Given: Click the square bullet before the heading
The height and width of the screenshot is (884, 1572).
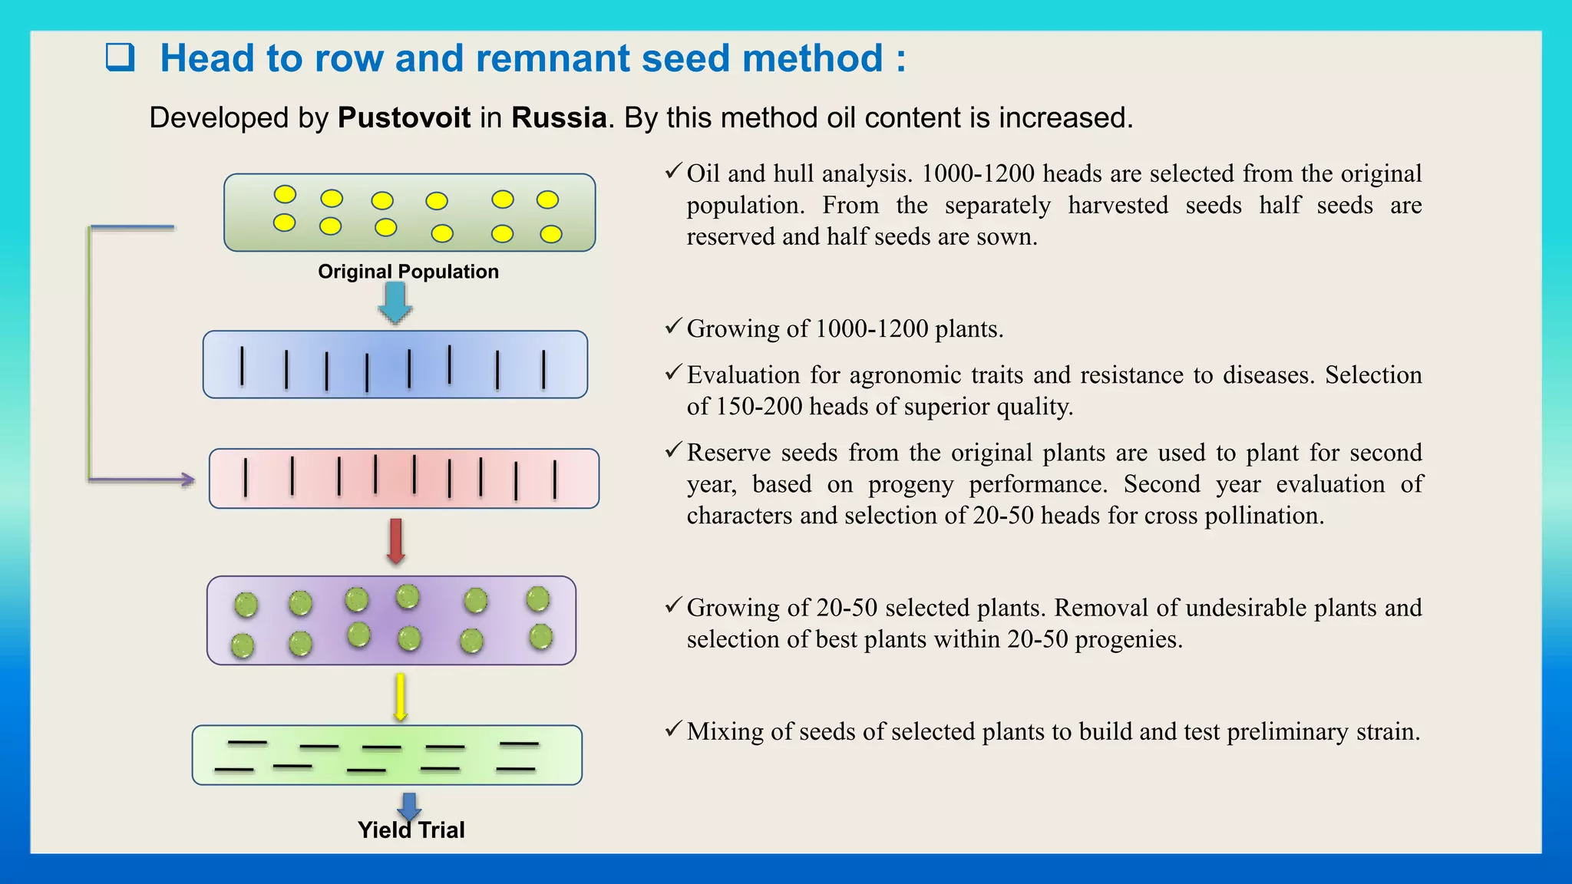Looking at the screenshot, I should click(x=120, y=58).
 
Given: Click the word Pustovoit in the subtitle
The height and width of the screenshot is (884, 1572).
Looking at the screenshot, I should click(x=404, y=117).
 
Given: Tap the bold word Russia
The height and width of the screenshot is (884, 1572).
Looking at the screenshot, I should click(x=559, y=117).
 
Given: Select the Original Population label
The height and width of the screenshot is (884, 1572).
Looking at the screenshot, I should click(x=408, y=272).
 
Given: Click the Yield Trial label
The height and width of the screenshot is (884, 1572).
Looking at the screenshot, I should click(x=411, y=830).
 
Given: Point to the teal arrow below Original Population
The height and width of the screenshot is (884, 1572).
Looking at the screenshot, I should click(x=395, y=302).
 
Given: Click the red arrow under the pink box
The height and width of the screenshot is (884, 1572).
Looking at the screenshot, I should click(x=396, y=541).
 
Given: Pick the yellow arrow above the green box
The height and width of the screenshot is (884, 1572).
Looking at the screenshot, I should click(x=400, y=697).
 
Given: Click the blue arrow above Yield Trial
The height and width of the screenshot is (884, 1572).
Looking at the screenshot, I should click(x=409, y=805).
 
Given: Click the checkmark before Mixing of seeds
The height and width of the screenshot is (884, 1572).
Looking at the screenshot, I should click(x=673, y=729).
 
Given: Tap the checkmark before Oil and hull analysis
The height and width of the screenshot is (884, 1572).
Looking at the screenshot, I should click(x=673, y=171).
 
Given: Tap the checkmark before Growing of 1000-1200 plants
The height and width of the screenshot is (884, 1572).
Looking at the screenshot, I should click(x=673, y=327).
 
